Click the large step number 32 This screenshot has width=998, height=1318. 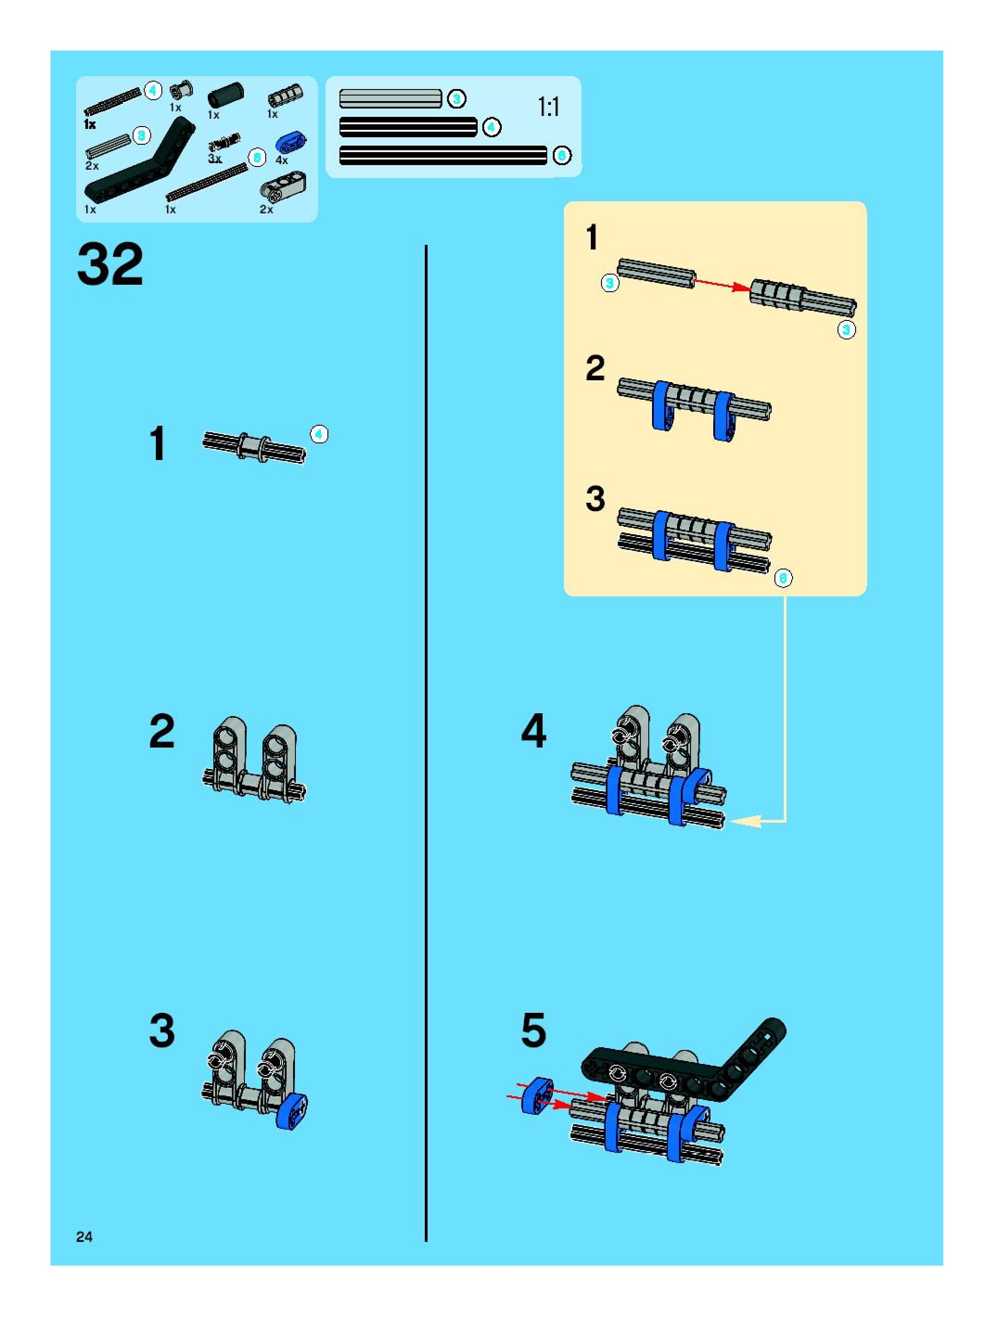[110, 264]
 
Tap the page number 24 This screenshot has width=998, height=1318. [84, 1236]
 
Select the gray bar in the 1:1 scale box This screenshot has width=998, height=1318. [390, 99]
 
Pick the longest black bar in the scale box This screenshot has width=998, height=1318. [443, 155]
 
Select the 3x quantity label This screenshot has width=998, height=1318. [215, 159]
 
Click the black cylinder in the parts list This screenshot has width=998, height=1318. [226, 96]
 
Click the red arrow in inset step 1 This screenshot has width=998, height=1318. [722, 284]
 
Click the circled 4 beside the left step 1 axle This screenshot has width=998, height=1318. [319, 435]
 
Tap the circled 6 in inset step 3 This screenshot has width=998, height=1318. [783, 578]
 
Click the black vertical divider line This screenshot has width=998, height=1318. [426, 743]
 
